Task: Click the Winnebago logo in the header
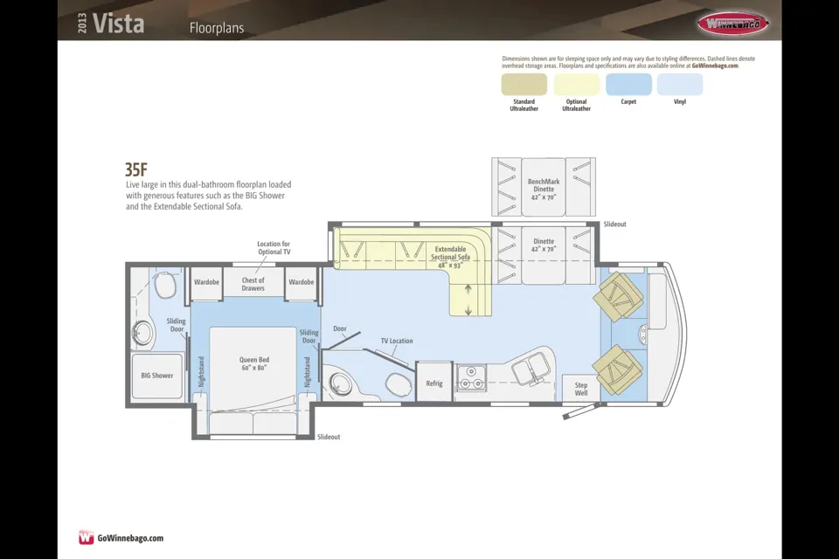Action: point(732,23)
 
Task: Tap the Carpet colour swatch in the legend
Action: point(628,84)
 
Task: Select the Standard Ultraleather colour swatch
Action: point(524,84)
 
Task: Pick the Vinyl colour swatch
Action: point(680,84)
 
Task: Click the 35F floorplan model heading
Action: point(136,169)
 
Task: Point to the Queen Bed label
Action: point(254,363)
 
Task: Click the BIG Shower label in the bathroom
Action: point(156,376)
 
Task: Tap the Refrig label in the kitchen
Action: point(434,383)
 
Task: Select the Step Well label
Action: point(581,389)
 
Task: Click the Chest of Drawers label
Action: point(253,284)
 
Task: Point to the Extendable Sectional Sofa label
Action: point(451,257)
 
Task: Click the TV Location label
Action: point(397,341)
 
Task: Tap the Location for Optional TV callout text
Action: point(274,248)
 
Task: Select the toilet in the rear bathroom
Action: point(165,285)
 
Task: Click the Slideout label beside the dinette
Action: point(614,224)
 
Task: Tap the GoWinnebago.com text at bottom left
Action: point(130,538)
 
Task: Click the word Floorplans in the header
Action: point(217,28)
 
